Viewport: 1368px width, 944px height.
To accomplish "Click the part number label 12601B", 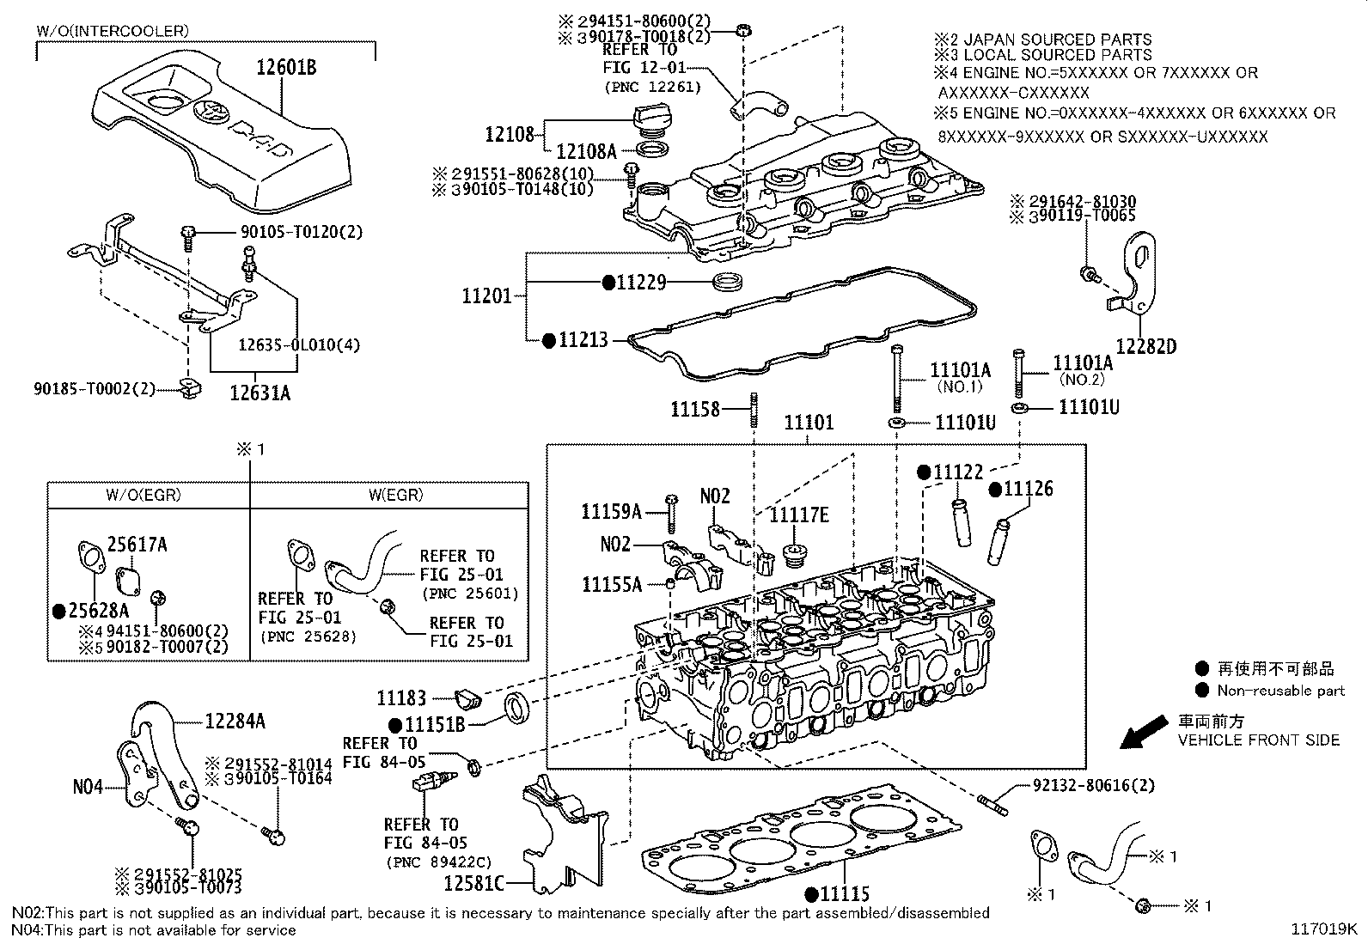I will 286,67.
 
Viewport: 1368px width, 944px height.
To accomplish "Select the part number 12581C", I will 473,882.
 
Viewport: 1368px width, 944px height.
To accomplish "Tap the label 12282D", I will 1145,347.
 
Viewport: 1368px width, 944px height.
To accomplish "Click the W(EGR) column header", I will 396,495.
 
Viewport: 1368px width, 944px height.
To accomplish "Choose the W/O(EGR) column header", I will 144,495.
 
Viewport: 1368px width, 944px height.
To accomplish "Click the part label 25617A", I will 137,545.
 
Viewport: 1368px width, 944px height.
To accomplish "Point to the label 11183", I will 402,699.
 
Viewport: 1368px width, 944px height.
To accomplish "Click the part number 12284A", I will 235,722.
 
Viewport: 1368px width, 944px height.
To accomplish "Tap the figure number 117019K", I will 1323,929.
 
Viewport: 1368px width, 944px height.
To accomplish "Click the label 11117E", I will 798,515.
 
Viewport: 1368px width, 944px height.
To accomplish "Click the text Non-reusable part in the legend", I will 1280,691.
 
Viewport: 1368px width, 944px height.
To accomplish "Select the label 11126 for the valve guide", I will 1028,489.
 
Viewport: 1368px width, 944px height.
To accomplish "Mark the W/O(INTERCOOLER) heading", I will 113,32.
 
